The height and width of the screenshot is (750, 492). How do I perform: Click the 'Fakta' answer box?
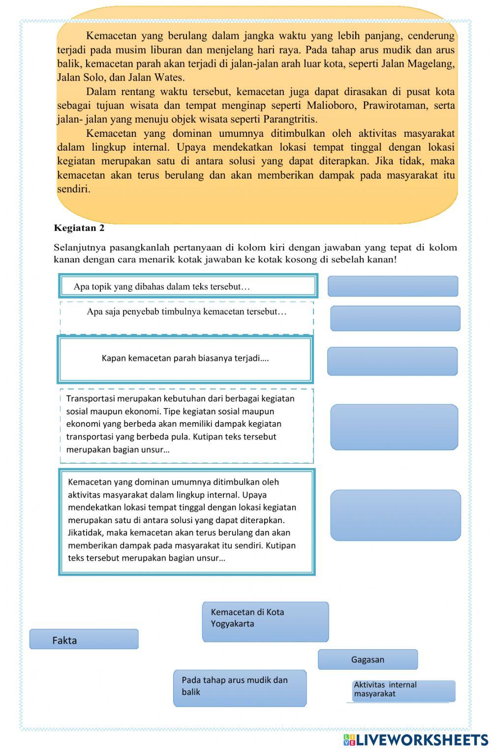[x=84, y=639]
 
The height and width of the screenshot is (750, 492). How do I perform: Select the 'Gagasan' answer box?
[x=368, y=659]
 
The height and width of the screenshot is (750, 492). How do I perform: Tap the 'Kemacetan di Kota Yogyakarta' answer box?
[x=265, y=622]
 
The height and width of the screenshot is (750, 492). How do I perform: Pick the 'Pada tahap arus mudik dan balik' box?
[x=240, y=688]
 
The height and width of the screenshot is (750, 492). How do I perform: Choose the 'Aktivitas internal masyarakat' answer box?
[x=403, y=690]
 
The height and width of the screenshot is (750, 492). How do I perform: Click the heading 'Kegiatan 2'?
[x=79, y=228]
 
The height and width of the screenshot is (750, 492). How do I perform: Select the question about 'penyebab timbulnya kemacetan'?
[x=186, y=312]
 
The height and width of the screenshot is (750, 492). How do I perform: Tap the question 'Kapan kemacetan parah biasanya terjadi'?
[x=185, y=358]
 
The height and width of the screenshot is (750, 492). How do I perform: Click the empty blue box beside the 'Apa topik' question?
[x=393, y=286]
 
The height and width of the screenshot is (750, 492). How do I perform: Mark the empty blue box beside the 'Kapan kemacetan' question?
[x=392, y=361]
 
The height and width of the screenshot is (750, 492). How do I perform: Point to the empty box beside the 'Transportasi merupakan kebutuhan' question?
[x=394, y=427]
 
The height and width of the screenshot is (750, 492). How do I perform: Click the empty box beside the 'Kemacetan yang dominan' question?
[x=395, y=515]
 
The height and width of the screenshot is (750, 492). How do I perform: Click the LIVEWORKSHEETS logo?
[x=416, y=740]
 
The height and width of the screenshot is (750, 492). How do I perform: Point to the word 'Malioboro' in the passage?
[x=332, y=106]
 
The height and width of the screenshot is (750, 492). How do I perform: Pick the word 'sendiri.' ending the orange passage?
[x=74, y=189]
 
